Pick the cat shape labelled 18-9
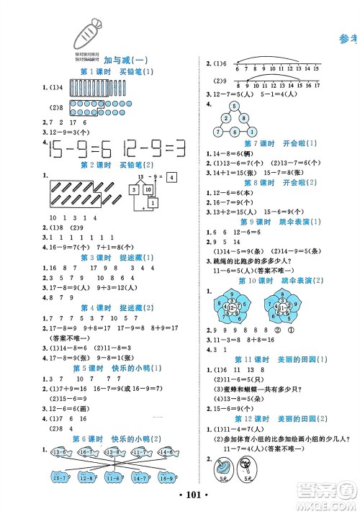(164, 477)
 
